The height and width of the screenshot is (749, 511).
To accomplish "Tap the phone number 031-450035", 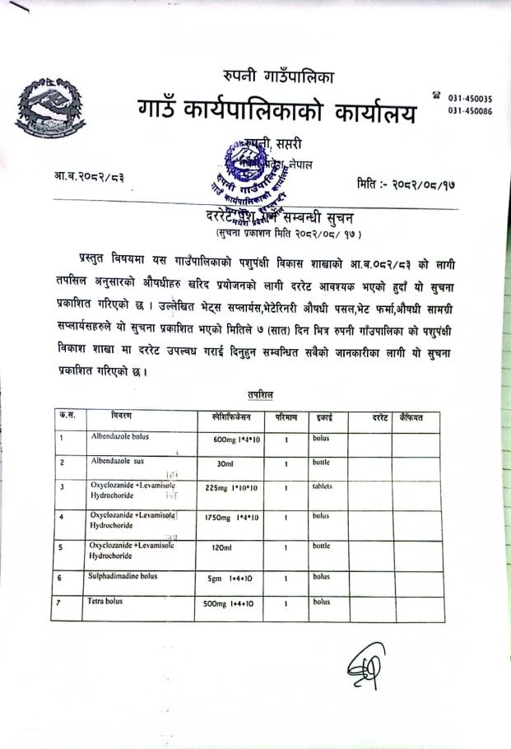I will click(x=470, y=98).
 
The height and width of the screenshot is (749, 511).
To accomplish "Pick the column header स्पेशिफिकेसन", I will click(x=235, y=417).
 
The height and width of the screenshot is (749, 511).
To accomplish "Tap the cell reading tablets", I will click(x=322, y=486).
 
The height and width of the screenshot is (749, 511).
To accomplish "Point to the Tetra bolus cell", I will click(x=106, y=602).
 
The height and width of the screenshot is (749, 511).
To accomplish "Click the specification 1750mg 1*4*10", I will click(x=233, y=517).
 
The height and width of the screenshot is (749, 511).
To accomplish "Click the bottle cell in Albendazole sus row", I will click(x=321, y=463).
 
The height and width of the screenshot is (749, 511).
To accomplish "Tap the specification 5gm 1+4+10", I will click(x=230, y=579).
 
